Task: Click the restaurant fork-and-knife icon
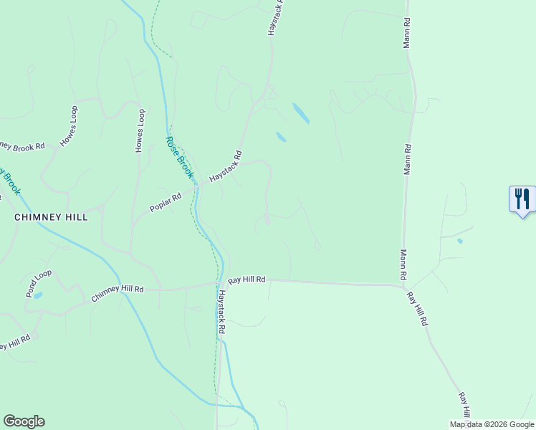pyautogui.click(x=522, y=199)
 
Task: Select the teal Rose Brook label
pyautogui.click(x=180, y=158)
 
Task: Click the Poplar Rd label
pyautogui.click(x=166, y=201)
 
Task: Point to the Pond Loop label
pyautogui.click(x=39, y=283)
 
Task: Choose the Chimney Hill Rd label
pyautogui.click(x=118, y=294)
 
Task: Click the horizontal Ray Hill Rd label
pyautogui.click(x=247, y=279)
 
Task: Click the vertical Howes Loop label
pyautogui.click(x=140, y=130)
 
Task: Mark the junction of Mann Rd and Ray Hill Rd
pyautogui.click(x=403, y=286)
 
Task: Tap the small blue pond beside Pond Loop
pyautogui.click(x=38, y=295)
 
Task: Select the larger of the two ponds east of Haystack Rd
pyautogui.click(x=301, y=113)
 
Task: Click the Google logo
pyautogui.click(x=24, y=421)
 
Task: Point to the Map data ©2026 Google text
pyautogui.click(x=492, y=424)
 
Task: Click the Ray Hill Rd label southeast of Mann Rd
pyautogui.click(x=418, y=309)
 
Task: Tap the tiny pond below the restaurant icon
pyautogui.click(x=459, y=241)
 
